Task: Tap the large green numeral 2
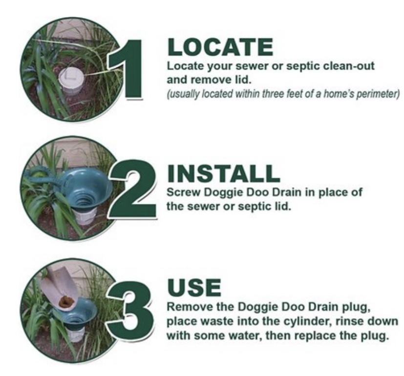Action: point(133,189)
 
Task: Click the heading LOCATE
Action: point(220,47)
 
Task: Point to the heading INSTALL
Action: point(224,173)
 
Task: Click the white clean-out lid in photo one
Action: point(71,79)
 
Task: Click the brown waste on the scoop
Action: point(67,302)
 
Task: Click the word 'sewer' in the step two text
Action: point(203,207)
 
